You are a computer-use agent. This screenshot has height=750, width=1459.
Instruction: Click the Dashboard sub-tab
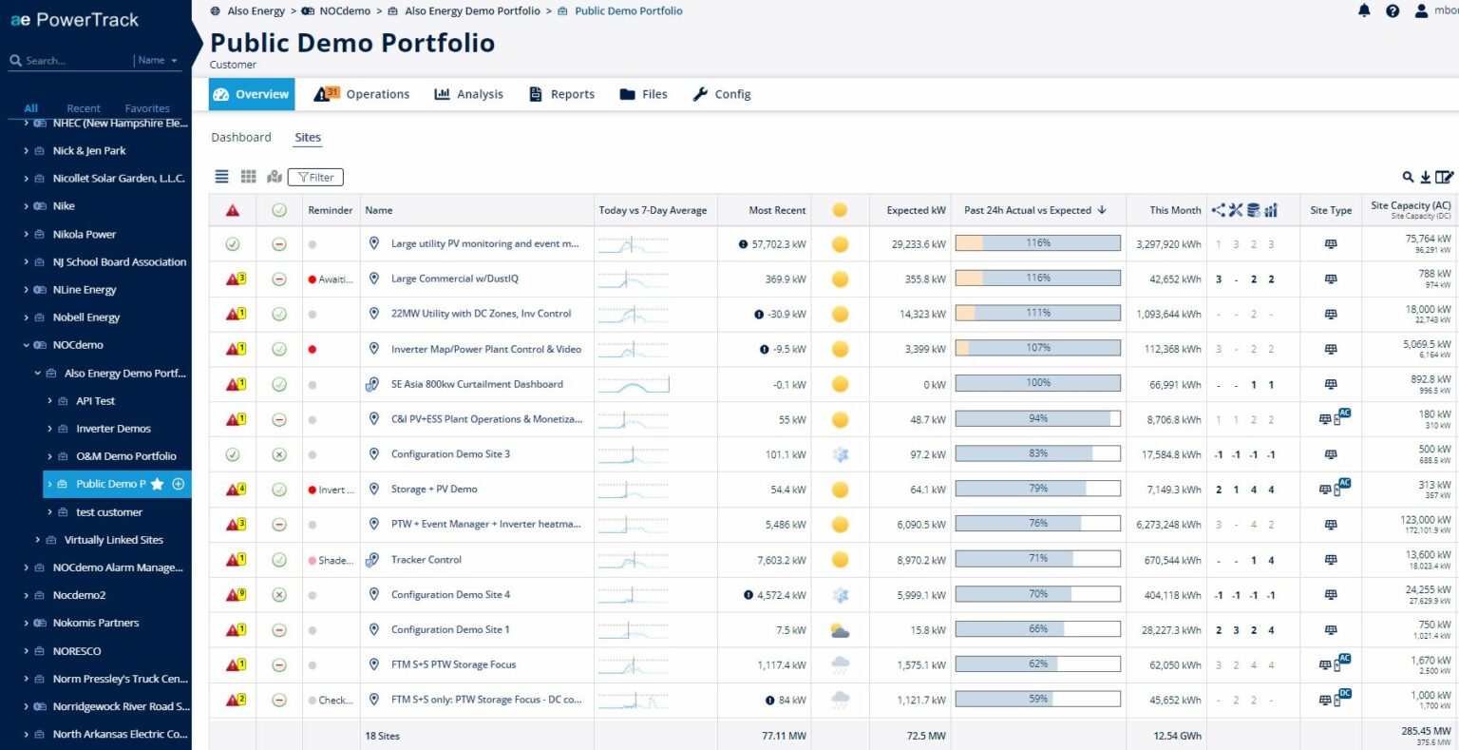241,138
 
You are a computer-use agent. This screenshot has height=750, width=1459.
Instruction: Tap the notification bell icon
1364,11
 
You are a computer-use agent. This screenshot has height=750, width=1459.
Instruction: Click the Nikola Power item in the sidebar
85,234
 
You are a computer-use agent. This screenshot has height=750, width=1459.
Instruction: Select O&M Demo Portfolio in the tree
125,456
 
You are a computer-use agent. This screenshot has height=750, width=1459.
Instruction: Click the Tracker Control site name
426,560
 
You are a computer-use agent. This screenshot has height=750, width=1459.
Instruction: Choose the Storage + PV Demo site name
434,490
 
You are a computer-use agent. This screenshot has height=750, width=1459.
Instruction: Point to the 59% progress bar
1037,700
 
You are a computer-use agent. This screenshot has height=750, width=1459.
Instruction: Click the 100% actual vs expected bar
1037,384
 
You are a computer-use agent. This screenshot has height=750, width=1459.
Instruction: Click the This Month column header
1175,210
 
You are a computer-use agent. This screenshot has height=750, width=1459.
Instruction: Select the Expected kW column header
916,210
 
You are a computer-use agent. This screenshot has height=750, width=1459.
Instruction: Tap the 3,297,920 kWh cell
1168,244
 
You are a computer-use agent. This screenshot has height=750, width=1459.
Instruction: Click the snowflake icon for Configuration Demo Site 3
840,454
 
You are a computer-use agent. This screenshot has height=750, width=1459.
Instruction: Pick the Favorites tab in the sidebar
147,108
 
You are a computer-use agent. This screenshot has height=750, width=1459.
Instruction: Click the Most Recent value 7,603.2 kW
781,561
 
